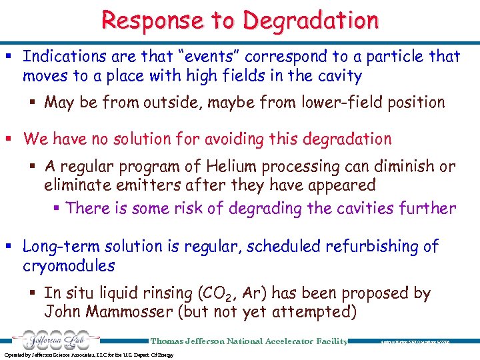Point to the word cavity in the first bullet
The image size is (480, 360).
point(337,76)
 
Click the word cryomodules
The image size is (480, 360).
point(69,266)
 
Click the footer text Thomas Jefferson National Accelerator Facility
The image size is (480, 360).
point(249,341)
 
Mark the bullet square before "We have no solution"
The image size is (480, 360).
point(11,139)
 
